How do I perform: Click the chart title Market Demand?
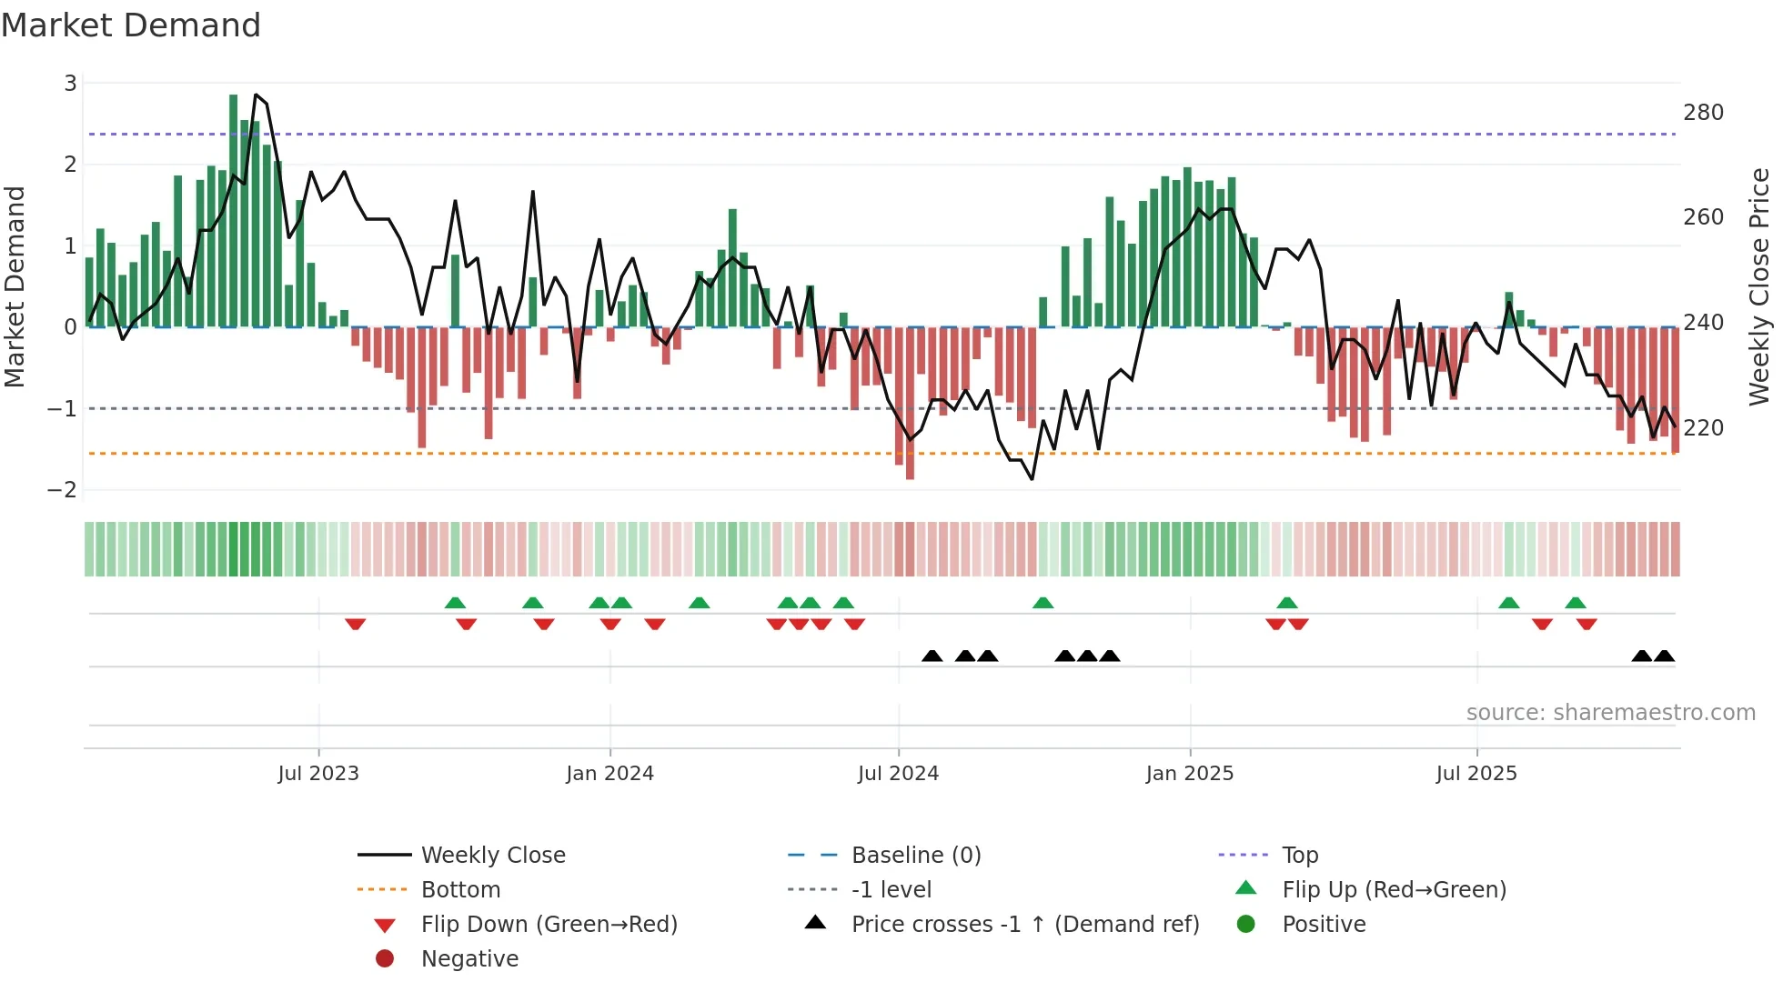coord(131,25)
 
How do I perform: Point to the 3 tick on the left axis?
coord(70,84)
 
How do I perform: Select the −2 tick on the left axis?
coord(63,490)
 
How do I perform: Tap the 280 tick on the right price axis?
coord(1703,113)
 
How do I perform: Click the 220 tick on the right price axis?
coord(1703,427)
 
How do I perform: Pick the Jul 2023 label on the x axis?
coord(318,774)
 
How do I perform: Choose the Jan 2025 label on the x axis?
coord(1189,774)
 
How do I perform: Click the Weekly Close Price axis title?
coord(1759,286)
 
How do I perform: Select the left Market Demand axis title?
coord(15,286)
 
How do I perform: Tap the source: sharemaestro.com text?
coord(1610,713)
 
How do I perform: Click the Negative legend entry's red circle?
coord(385,959)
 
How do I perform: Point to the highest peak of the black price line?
coord(256,95)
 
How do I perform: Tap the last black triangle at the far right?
coord(1664,656)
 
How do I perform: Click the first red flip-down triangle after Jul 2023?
coord(356,624)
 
